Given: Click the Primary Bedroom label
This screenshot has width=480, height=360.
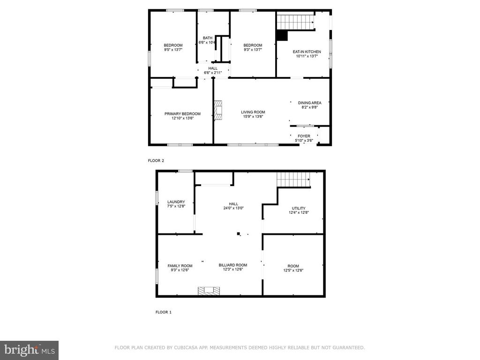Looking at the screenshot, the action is click(182, 114).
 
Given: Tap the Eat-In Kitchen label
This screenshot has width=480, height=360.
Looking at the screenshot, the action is click(307, 52).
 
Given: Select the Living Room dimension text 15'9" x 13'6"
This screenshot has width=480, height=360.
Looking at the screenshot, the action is click(253, 117).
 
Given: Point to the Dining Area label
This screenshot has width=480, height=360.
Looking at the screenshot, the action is click(309, 103).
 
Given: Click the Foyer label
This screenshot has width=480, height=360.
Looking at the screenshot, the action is click(304, 136).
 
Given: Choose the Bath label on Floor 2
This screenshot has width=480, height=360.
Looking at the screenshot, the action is click(208, 38).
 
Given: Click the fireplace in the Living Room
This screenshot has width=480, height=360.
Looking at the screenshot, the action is click(218, 110).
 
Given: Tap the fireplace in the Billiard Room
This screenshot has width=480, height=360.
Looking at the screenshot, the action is click(209, 291).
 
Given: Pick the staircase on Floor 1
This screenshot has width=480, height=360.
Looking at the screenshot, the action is click(293, 179).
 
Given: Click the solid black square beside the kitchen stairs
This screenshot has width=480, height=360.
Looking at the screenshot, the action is click(282, 35).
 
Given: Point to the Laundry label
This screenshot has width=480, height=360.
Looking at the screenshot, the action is click(176, 202).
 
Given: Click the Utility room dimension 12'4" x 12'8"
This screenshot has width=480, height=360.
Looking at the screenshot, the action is click(299, 212).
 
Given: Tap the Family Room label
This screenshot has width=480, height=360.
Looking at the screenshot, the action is click(180, 266).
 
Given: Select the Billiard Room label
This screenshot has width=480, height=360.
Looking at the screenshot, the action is click(233, 265).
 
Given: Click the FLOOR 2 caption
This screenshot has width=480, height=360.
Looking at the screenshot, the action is click(156, 160).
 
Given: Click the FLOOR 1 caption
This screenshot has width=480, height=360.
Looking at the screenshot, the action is click(164, 312).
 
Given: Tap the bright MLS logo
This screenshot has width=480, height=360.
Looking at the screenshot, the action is click(30, 350).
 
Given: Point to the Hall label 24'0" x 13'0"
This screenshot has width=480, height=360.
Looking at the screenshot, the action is click(233, 206).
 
